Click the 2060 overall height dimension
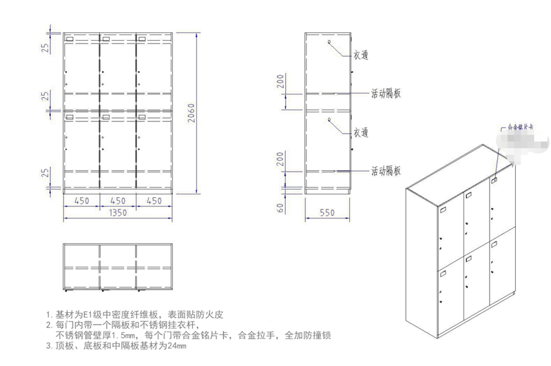[192, 110]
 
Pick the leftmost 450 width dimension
[81, 201]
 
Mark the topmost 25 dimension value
[45, 48]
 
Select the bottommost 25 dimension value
[45, 172]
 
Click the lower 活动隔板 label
[386, 170]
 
